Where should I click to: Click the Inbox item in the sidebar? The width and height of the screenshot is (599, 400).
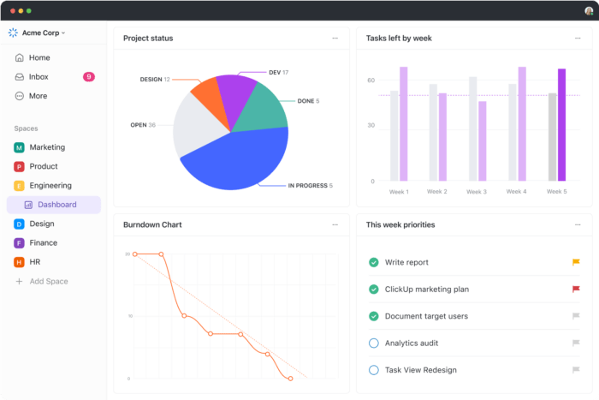click(x=39, y=77)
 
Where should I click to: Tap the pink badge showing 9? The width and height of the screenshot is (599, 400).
click(x=88, y=77)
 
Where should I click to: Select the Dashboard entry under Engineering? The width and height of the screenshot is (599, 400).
click(x=56, y=205)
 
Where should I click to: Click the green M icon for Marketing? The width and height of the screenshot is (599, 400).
click(x=19, y=147)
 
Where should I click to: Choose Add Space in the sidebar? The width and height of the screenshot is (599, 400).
click(x=48, y=281)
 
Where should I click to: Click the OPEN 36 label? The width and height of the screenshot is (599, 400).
click(x=142, y=125)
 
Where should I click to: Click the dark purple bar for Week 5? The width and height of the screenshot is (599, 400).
click(x=561, y=124)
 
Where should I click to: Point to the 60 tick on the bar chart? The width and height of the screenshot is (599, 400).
click(x=371, y=81)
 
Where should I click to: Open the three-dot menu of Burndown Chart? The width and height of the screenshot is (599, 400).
click(x=335, y=224)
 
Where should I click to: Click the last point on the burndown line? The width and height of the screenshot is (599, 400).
click(x=291, y=378)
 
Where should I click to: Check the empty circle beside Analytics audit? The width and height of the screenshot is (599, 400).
click(x=373, y=343)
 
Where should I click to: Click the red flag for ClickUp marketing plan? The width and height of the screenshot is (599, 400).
click(x=576, y=290)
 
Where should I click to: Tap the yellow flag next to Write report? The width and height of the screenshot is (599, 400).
click(x=576, y=262)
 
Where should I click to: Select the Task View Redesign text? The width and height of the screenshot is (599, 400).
click(x=420, y=370)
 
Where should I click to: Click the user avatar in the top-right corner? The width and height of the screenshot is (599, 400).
click(x=589, y=10)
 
